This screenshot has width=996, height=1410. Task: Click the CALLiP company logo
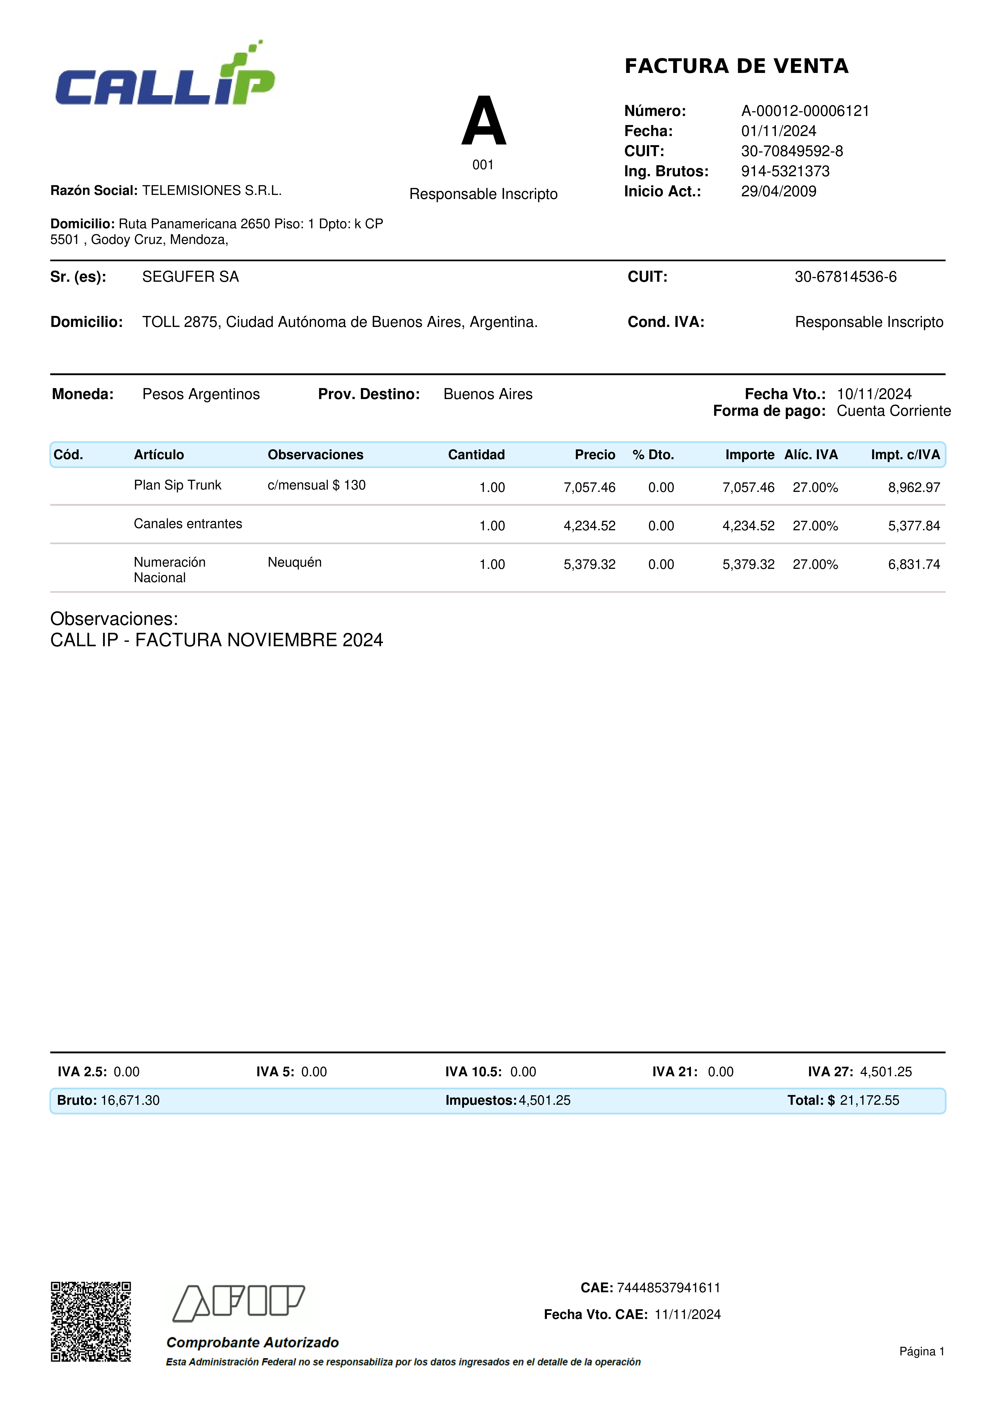coord(164,75)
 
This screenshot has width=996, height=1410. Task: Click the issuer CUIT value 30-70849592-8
coord(792,151)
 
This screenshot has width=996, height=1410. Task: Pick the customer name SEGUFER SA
coord(190,277)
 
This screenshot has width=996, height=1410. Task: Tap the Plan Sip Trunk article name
coord(177,485)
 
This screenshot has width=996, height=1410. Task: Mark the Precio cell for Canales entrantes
coord(589,526)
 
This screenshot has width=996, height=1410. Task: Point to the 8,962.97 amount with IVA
coord(914,488)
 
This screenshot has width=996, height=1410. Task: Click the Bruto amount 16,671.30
coord(130,1101)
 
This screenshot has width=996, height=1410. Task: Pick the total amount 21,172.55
coord(869,1101)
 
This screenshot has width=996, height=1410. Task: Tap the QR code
coord(91,1322)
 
